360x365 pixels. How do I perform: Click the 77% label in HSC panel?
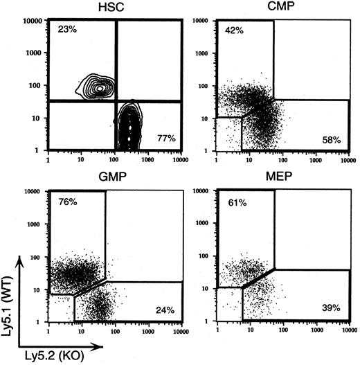click(166, 139)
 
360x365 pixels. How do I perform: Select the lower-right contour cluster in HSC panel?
click(128, 125)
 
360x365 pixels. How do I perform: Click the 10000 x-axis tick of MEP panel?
click(344, 328)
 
